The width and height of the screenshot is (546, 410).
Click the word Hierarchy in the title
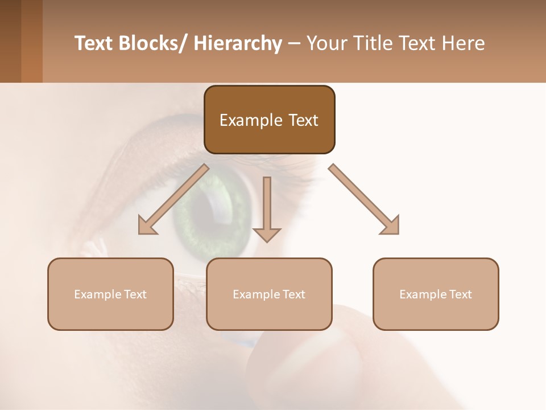point(238,43)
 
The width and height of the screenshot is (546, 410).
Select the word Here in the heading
point(464,43)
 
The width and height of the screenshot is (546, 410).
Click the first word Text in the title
point(95,43)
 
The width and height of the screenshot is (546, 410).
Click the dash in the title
point(294,43)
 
